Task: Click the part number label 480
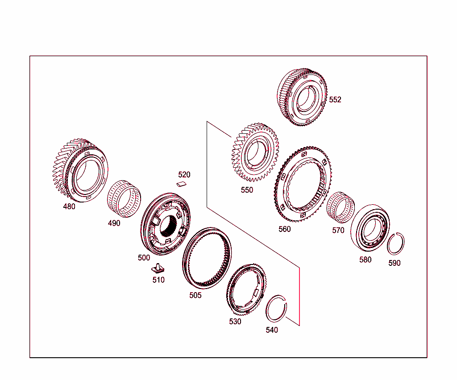click(69, 207)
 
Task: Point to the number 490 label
click(114, 223)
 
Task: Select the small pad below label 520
click(182, 183)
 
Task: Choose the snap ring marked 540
click(276, 308)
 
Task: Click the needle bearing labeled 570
click(341, 208)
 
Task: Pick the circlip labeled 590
click(395, 244)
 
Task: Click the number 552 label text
click(335, 99)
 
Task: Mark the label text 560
click(284, 229)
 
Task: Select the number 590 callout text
click(394, 263)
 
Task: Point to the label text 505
click(195, 295)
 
